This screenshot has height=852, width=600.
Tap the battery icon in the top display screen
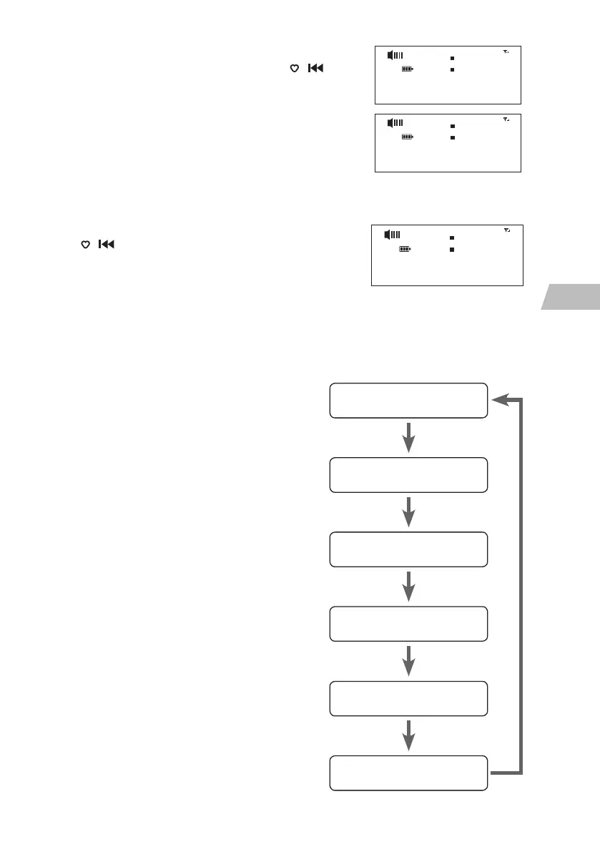(408, 69)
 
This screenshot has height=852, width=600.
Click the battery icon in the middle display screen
(408, 137)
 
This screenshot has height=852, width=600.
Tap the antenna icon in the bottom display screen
(506, 230)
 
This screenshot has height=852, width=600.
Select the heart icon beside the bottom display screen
(84, 245)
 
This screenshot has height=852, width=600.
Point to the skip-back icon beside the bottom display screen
(105, 245)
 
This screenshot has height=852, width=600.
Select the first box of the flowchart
(408, 400)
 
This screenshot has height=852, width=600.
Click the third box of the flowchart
(408, 549)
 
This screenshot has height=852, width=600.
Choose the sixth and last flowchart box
(408, 773)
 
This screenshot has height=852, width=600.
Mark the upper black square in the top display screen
(452, 57)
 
